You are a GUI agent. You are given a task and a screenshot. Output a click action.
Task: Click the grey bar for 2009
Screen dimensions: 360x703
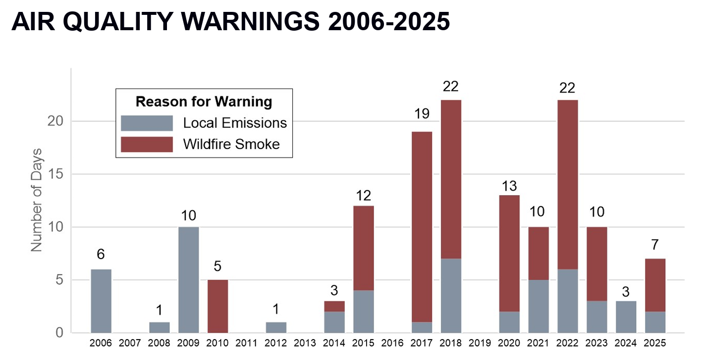click(x=189, y=280)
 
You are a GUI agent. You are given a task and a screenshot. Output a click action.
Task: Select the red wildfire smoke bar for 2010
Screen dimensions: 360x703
click(x=217, y=306)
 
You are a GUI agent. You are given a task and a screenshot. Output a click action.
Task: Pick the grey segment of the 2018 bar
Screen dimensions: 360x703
click(x=451, y=296)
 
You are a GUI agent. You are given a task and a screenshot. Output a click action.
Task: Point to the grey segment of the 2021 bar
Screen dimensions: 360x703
click(x=539, y=306)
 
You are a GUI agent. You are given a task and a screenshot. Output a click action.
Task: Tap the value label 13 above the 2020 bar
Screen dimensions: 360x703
click(x=509, y=186)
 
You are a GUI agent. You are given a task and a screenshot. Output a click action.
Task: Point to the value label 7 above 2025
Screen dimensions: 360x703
click(x=655, y=245)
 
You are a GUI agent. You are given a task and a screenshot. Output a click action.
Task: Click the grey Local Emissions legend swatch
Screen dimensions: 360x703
click(x=147, y=123)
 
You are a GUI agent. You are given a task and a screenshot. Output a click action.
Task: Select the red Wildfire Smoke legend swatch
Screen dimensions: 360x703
click(x=147, y=144)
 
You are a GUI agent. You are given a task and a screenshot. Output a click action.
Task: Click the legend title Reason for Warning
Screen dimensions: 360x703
click(x=204, y=102)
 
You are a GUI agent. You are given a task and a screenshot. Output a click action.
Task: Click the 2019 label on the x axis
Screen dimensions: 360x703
click(x=480, y=343)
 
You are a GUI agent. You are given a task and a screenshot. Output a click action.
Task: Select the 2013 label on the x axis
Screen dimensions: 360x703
click(x=305, y=343)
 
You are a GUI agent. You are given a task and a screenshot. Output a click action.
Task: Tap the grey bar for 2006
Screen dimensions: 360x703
click(x=101, y=301)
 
